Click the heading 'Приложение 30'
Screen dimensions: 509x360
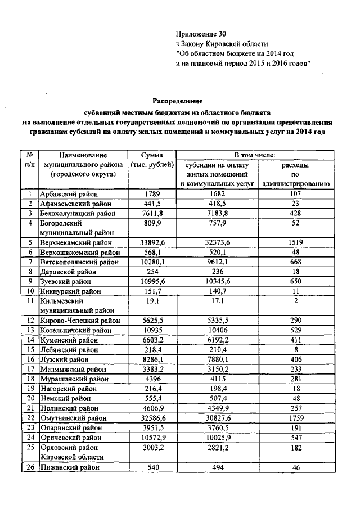(x=200, y=34)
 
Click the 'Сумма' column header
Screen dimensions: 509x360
(x=152, y=155)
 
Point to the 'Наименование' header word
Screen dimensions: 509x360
(x=79, y=155)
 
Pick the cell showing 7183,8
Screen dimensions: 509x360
(x=217, y=214)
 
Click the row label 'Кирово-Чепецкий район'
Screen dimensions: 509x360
(x=80, y=321)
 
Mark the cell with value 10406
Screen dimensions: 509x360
(x=217, y=330)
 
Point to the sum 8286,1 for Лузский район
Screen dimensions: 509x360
(x=152, y=359)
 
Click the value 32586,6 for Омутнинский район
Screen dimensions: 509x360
(x=152, y=418)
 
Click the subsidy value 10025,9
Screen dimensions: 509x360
(x=217, y=438)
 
